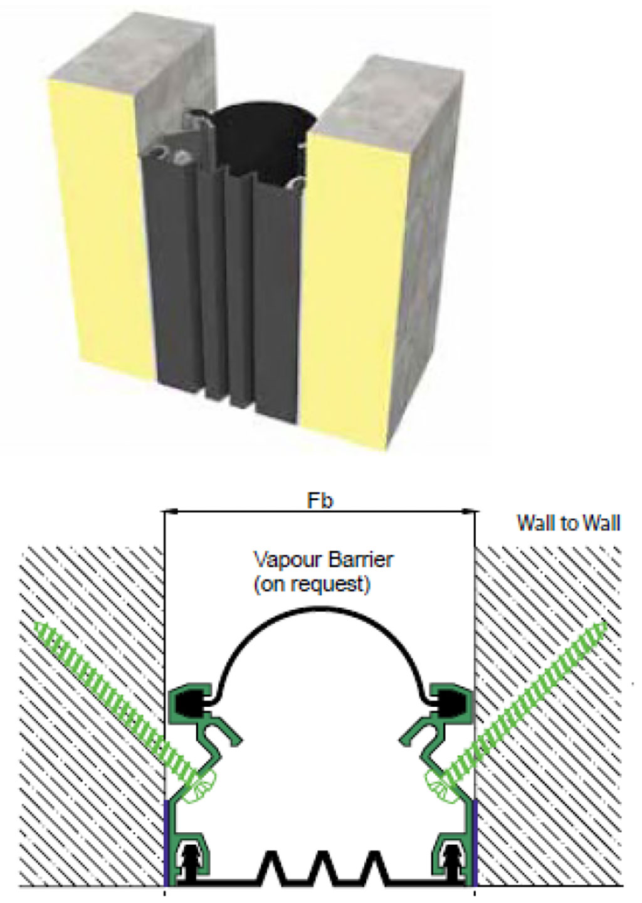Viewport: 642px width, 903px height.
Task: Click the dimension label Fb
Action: click(x=320, y=501)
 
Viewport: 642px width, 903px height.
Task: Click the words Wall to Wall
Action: click(x=568, y=523)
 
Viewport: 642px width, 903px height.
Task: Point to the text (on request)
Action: click(x=311, y=585)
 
